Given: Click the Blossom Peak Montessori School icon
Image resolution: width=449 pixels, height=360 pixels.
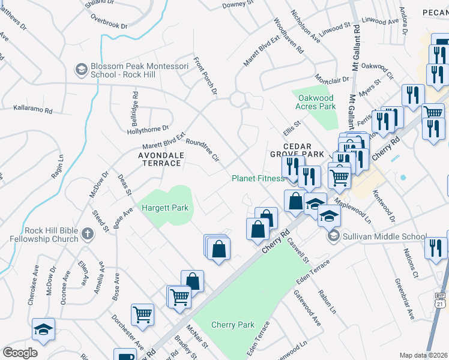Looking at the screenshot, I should tap(80, 70).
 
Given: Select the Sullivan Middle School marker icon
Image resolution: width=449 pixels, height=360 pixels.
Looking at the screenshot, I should tap(334, 236).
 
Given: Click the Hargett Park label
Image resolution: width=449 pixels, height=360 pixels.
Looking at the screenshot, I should tap(165, 208).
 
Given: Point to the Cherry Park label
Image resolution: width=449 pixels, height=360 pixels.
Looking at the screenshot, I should tap(233, 325).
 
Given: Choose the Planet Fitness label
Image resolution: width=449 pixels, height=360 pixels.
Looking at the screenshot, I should tap(258, 178).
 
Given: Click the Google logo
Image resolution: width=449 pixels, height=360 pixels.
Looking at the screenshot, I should tap(20, 353).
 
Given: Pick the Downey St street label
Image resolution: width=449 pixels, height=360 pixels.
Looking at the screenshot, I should tap(234, 4).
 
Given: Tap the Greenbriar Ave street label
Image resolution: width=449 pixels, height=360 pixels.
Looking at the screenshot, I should tap(404, 298).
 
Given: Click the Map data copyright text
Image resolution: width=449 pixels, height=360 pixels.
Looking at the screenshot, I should tap(424, 355).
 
